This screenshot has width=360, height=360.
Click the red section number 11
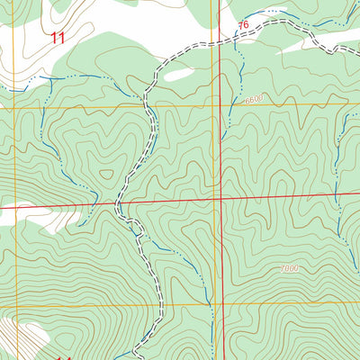pyautogui.click(x=58, y=38)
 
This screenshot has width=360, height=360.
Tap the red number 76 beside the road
pyautogui.click(x=243, y=26)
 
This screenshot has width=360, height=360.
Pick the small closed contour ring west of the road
pyautogui.click(x=106, y=175)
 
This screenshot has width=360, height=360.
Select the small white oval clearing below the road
pyautogui.click(x=178, y=76)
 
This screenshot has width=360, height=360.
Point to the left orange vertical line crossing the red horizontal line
pyautogui.click(x=15, y=208)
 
